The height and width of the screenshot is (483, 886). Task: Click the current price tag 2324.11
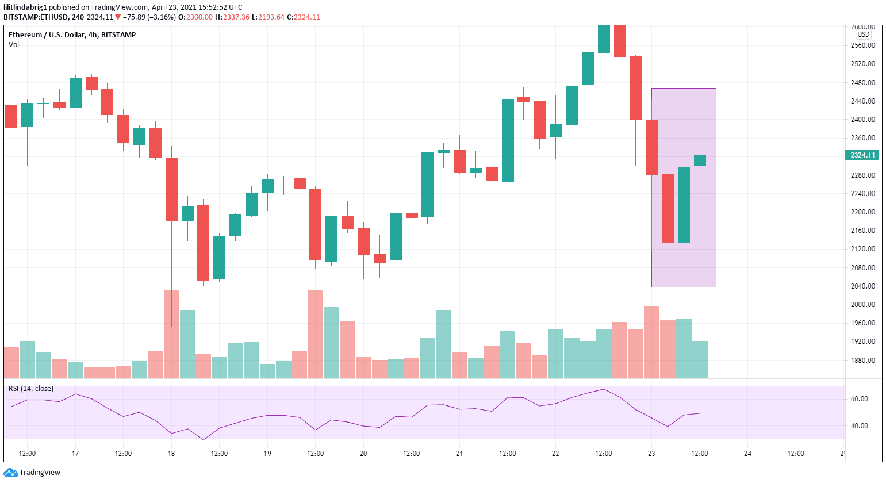[x=862, y=155]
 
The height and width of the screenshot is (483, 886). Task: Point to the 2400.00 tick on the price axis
[x=862, y=120]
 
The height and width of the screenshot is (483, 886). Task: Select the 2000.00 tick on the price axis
[x=862, y=305]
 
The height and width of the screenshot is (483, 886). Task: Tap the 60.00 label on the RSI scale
[x=859, y=399]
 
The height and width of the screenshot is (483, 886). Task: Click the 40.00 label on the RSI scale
[x=859, y=426]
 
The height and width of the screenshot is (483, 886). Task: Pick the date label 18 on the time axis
[x=171, y=454]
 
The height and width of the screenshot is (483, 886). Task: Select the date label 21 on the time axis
[x=459, y=454]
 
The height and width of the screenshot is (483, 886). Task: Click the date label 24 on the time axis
[x=747, y=454]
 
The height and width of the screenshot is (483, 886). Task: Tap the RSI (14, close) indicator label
[x=31, y=389]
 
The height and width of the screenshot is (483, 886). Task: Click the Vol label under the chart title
[x=14, y=45]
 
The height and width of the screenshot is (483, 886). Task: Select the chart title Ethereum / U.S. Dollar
[x=47, y=35]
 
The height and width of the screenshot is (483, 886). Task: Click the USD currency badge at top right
[x=864, y=34]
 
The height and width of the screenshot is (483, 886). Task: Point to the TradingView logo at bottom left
[x=32, y=473]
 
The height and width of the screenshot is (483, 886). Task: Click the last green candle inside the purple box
[x=700, y=160]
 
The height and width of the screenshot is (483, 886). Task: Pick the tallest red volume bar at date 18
[x=171, y=333]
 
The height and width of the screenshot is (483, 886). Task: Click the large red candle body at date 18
[x=171, y=189]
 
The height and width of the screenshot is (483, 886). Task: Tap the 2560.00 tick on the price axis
[x=862, y=45]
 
